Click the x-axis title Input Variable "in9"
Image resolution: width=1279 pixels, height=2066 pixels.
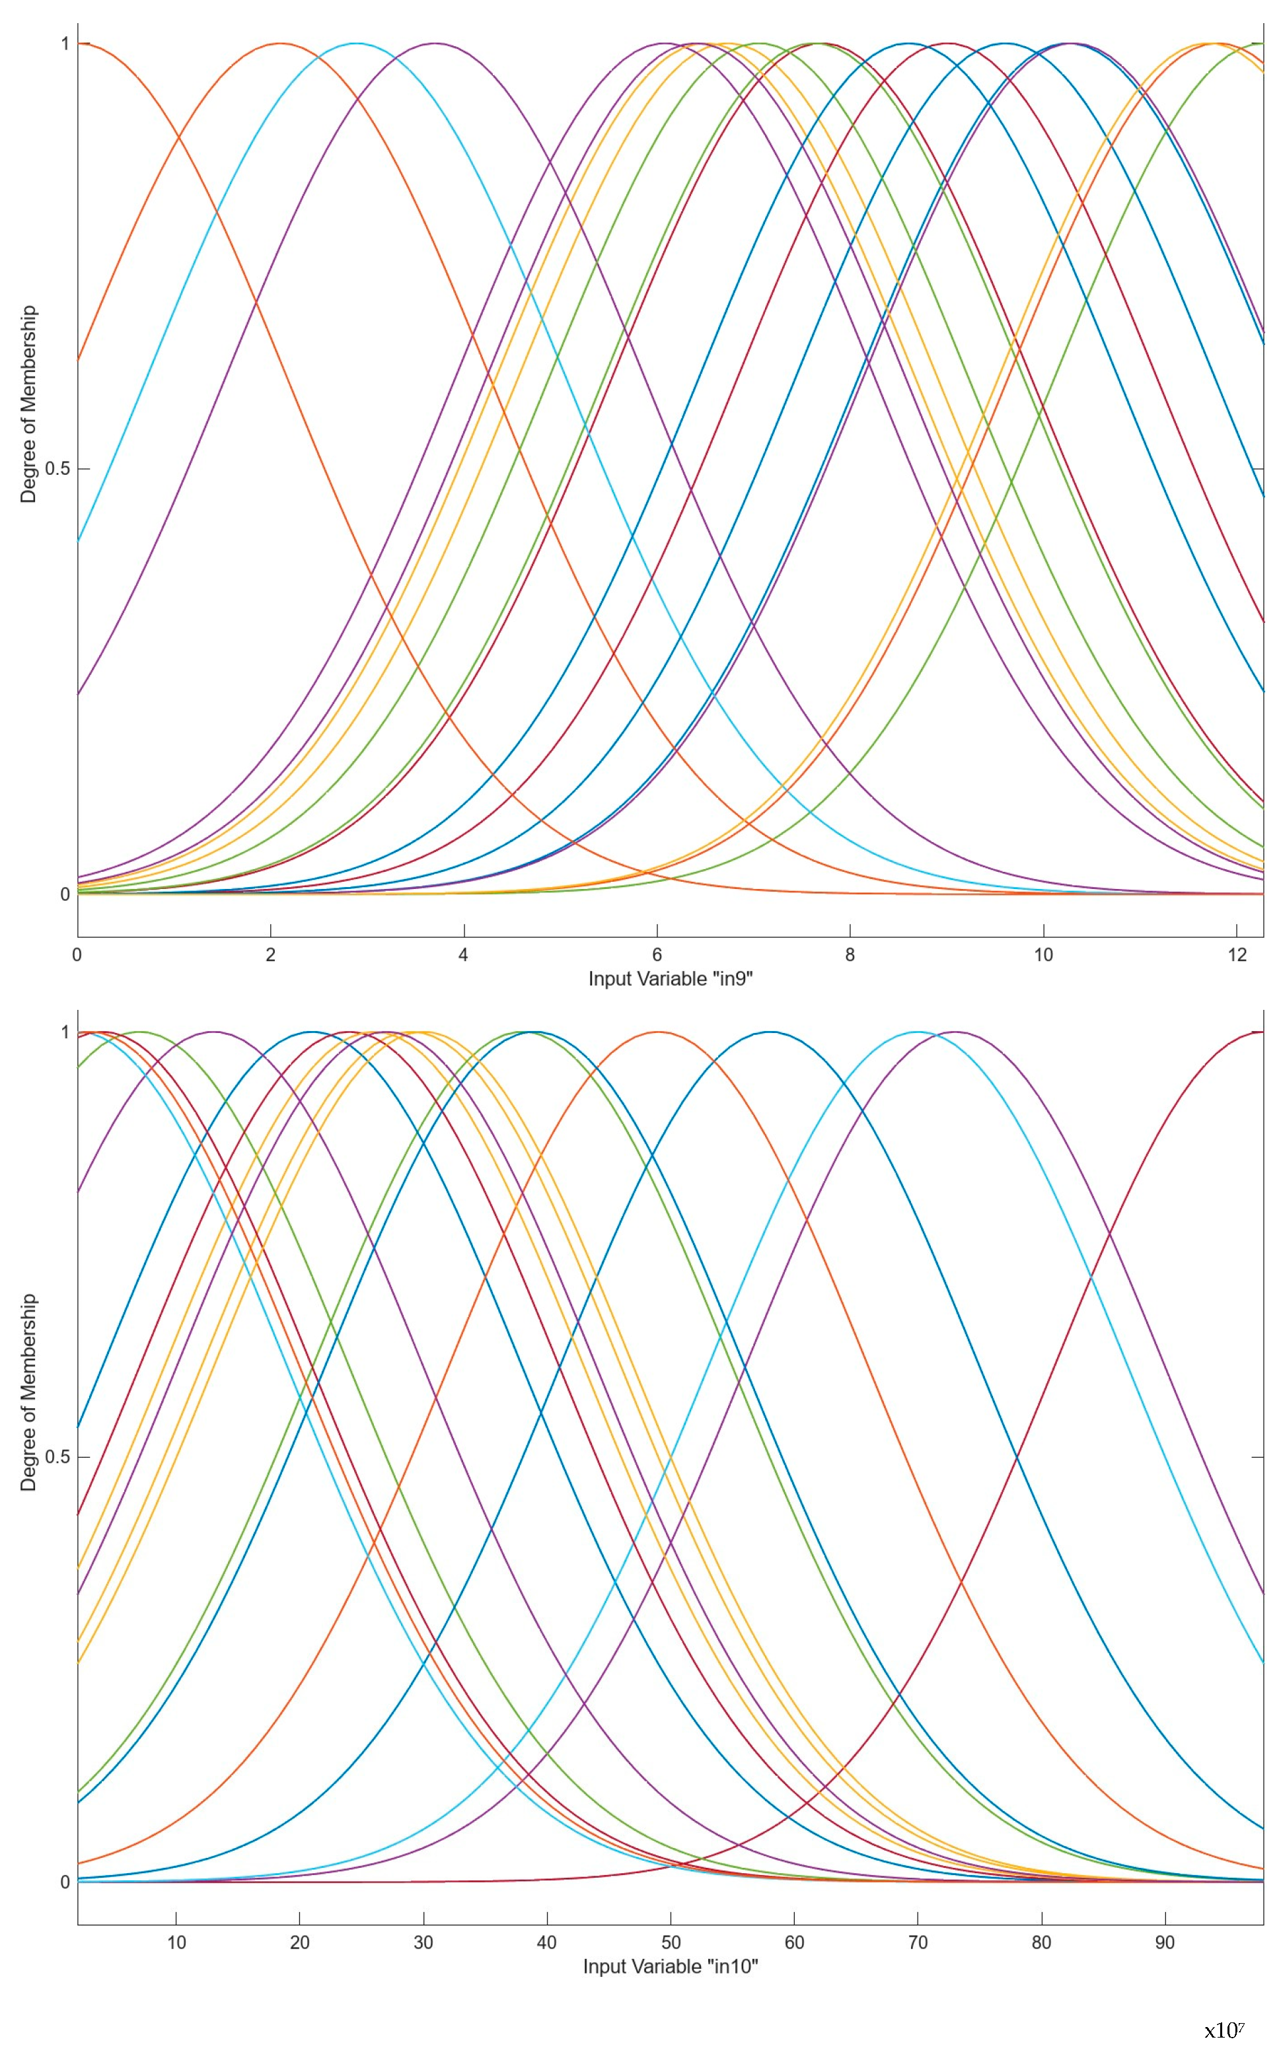pos(670,980)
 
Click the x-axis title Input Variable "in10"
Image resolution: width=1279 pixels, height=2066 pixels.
pos(670,1966)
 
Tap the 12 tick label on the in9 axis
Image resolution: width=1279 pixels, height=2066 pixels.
pos(1237,955)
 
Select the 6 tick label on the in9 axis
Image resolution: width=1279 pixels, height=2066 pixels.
pos(657,955)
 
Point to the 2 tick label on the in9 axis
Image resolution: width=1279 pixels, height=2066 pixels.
pos(271,955)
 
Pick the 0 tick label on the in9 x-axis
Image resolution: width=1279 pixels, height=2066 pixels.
pos(78,955)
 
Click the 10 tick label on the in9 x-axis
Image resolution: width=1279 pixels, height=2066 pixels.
pos(1043,955)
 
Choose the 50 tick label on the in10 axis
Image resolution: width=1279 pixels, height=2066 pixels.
pos(671,1942)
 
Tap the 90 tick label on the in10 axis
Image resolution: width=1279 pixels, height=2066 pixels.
pos(1165,1942)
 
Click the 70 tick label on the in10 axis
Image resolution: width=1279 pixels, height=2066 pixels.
pos(918,1942)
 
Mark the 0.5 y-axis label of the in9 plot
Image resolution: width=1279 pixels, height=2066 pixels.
pos(56,470)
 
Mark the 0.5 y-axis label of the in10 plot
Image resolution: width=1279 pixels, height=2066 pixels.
pos(56,1457)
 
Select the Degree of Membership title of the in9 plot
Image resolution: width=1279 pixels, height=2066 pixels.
pos(29,404)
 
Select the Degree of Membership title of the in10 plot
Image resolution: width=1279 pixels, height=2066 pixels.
pos(29,1392)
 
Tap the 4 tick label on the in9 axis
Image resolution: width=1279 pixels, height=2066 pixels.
pos(464,955)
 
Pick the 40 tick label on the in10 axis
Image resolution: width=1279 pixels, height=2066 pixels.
pos(546,1942)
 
